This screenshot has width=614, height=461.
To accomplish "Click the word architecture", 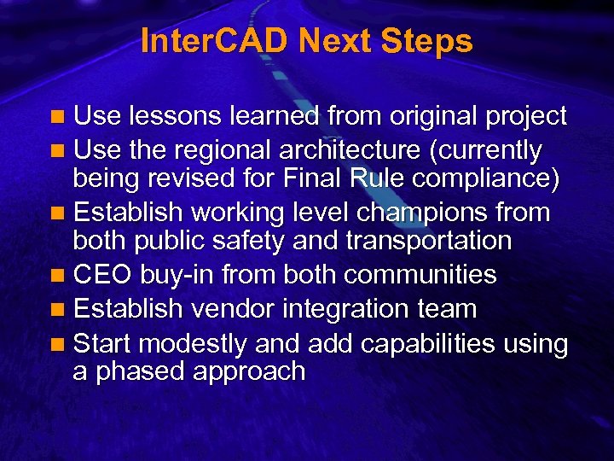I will coord(350,150).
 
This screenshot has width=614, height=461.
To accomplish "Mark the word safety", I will coord(245,241).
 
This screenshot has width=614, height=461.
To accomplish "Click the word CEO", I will coord(101,275).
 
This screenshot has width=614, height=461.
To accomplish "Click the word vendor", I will coord(227,308).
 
